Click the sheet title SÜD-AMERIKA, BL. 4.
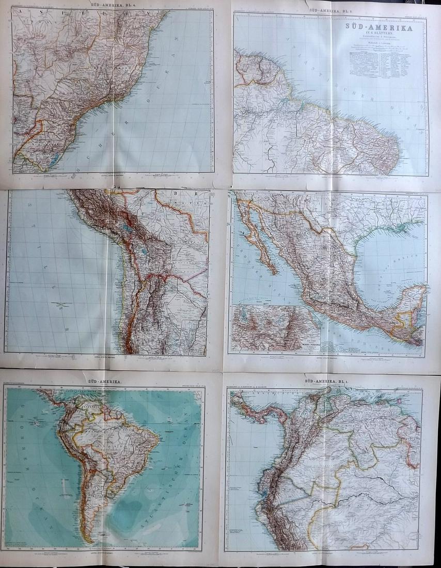click(x=112, y=5)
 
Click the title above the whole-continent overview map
click(x=104, y=381)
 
